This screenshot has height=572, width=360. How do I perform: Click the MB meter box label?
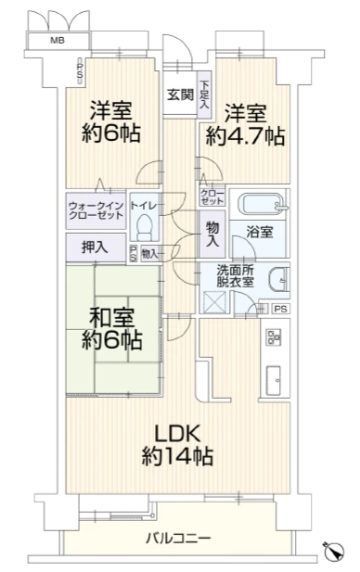coord(58,40)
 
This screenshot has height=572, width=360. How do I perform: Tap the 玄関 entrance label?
coord(180,95)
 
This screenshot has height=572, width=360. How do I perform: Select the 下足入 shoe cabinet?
coord(204,95)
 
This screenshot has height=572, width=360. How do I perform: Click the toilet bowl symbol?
coord(145,225)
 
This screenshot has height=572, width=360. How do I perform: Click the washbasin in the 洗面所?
coord(279,280)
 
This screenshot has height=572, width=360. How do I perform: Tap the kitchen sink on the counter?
coord(275,380)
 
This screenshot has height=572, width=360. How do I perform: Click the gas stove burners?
coord(275,337)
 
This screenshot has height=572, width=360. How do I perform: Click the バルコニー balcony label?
coord(178,538)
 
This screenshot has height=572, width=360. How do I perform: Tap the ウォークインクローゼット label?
coord(96,210)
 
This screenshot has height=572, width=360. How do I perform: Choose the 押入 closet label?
coord(95,248)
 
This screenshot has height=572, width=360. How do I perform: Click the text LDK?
coord(177,434)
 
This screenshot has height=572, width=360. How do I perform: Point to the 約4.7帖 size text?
coord(245,136)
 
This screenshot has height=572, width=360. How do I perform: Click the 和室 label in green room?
coord(112,318)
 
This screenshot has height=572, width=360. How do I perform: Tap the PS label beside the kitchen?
coord(281,309)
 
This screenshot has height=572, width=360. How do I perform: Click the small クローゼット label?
coord(212,197)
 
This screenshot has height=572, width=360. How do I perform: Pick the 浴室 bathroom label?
coord(260,232)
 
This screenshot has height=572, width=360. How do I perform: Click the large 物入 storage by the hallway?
coord(212,235)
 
